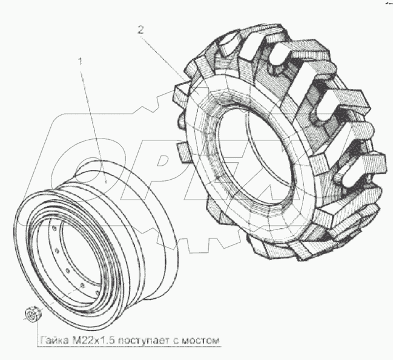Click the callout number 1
pos(81,62)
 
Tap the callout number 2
pos(140,30)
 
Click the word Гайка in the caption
pos(54,339)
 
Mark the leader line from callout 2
pos(170,66)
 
